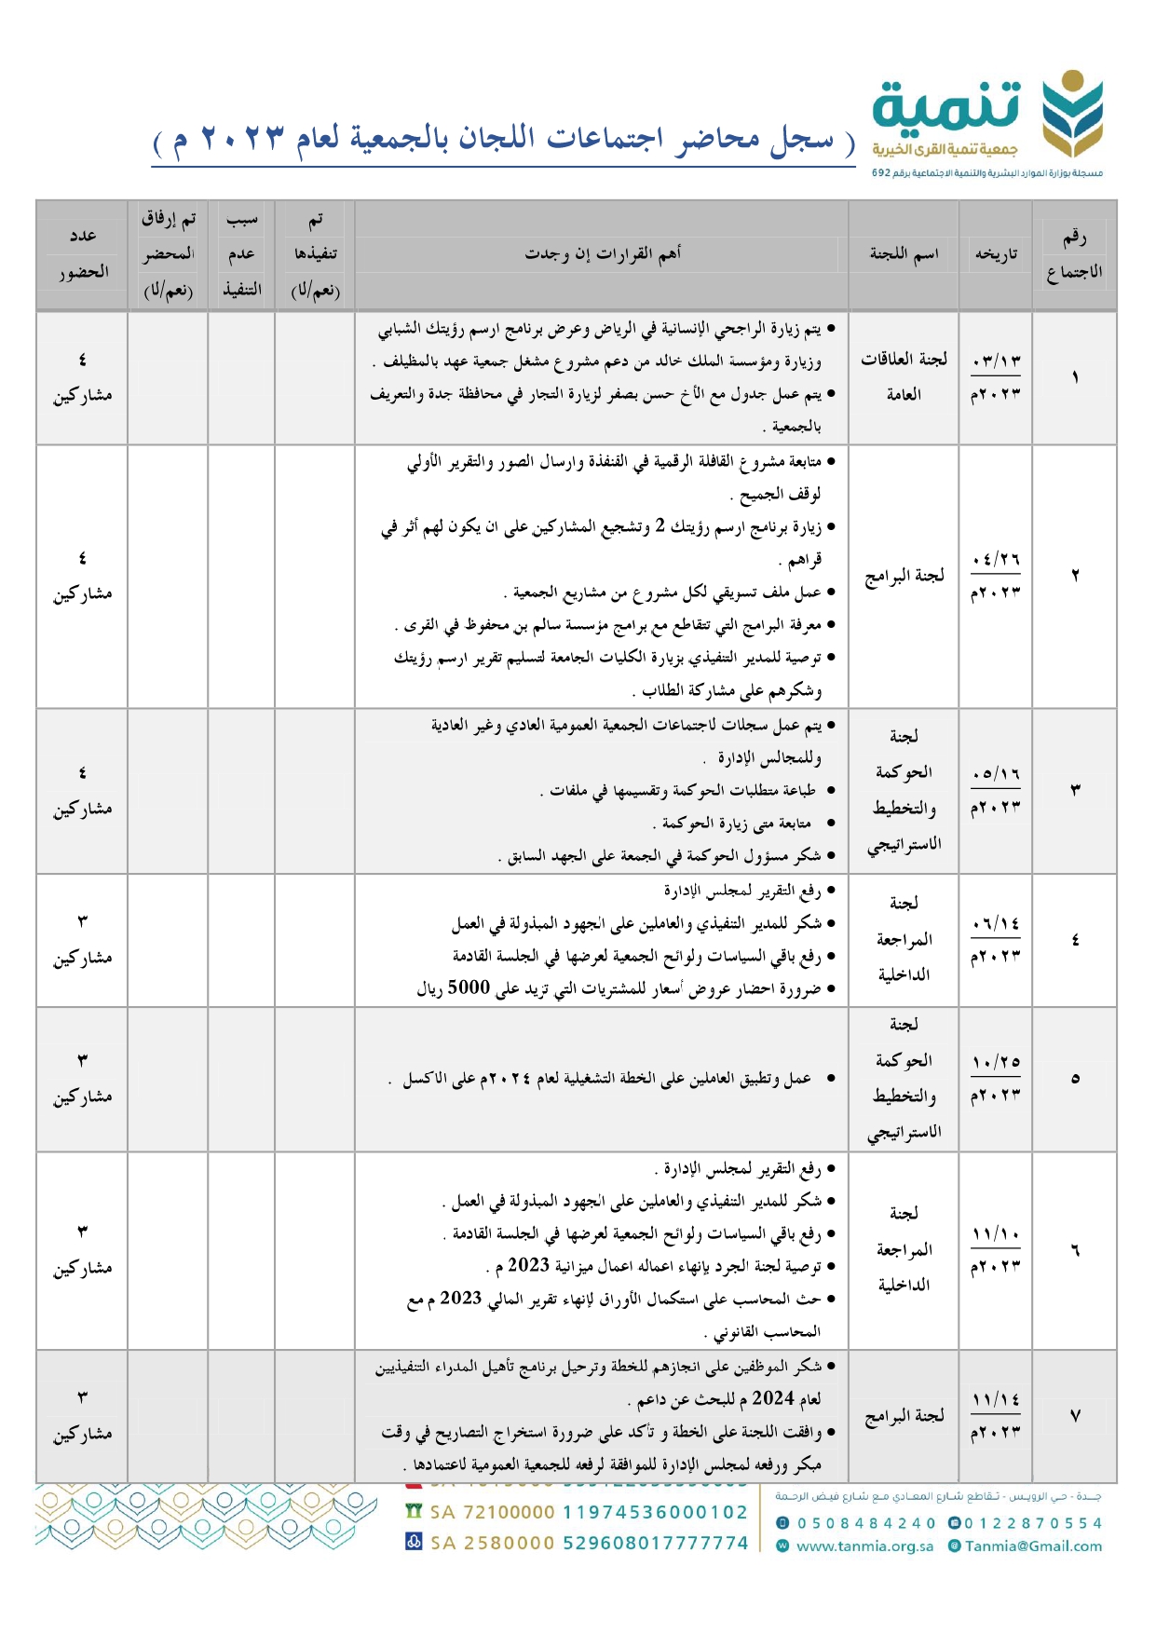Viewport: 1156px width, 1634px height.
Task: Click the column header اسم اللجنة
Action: pyautogui.click(x=904, y=253)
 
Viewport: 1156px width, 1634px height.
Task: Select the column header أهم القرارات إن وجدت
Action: pyautogui.click(x=602, y=253)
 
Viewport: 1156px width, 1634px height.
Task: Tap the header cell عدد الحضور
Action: pyautogui.click(x=83, y=253)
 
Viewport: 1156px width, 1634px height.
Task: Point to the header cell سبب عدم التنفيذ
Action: pyautogui.click(x=241, y=253)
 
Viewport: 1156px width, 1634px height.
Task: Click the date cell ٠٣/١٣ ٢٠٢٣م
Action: pyautogui.click(x=996, y=377)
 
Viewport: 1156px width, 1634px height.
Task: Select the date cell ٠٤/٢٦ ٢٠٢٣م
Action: pyautogui.click(x=996, y=576)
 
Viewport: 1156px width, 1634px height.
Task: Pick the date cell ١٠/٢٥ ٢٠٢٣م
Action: pyautogui.click(x=996, y=1079)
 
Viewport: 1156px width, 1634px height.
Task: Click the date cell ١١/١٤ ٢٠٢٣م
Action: pyautogui.click(x=996, y=1416)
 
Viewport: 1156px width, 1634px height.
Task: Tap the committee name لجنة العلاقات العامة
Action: pyautogui.click(x=904, y=377)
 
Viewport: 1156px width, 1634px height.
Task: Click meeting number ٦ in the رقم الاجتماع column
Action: pyautogui.click(x=1074, y=1250)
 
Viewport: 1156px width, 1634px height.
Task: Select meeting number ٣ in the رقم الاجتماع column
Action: pyautogui.click(x=1074, y=790)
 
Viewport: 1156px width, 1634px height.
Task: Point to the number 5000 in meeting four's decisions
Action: pyautogui.click(x=469, y=988)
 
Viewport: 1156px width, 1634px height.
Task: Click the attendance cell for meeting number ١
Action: pyautogui.click(x=83, y=377)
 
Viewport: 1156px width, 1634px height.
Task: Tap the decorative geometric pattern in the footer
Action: pyautogui.click(x=205, y=1518)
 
